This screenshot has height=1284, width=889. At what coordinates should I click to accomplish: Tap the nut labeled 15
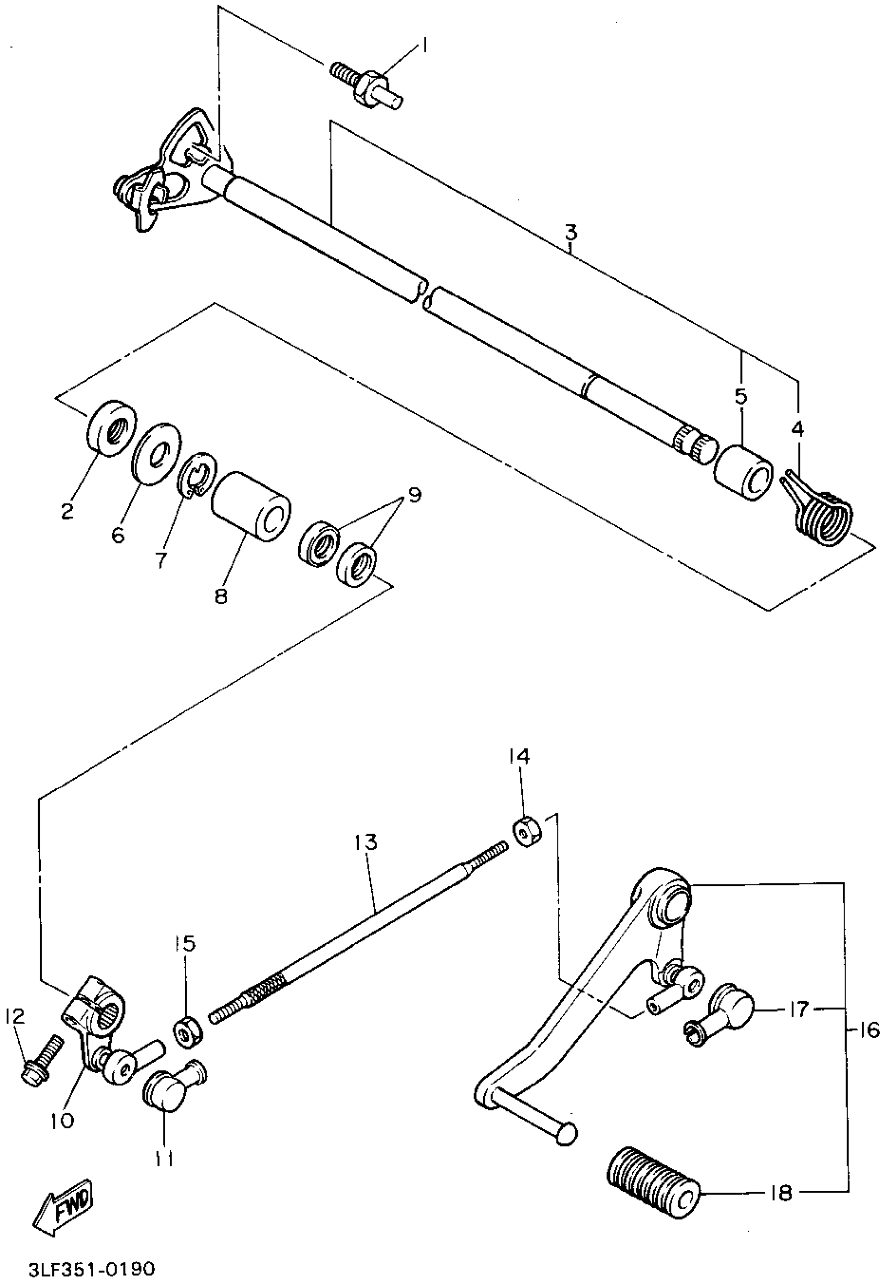(x=187, y=1031)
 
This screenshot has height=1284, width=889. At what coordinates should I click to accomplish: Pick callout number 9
(x=414, y=495)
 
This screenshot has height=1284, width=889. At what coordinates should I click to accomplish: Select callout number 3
(x=571, y=232)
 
